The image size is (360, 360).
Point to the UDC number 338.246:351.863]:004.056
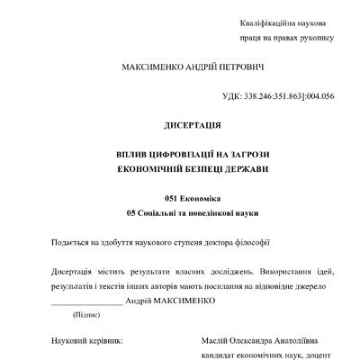[289, 95]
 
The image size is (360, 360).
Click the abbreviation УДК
[231, 95]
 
